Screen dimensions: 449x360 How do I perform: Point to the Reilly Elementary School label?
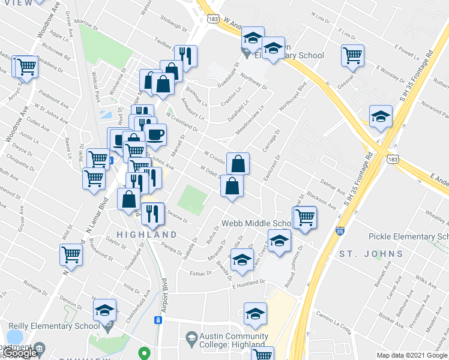[x=53, y=326]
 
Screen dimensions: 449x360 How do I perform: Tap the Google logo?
[x=20, y=353]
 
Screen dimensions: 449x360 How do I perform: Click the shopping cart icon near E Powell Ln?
[x=353, y=56]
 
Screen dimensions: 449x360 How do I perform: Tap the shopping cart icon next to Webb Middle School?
[x=305, y=217]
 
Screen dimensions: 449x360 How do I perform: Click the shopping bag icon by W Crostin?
[x=238, y=163]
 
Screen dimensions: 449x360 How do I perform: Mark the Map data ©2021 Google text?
[x=411, y=355]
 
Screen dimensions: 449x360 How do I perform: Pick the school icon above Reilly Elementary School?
[x=105, y=311]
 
